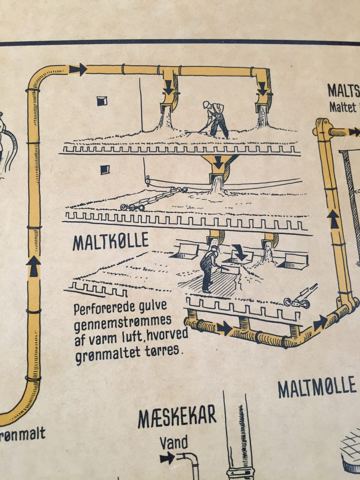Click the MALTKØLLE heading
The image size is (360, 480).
click(110, 243)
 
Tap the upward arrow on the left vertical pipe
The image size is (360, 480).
click(34, 265)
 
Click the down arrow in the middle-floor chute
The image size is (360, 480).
click(218, 163)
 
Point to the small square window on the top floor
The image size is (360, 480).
click(102, 101)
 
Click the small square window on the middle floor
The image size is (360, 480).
click(104, 170)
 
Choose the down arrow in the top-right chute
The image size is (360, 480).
click(263, 88)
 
